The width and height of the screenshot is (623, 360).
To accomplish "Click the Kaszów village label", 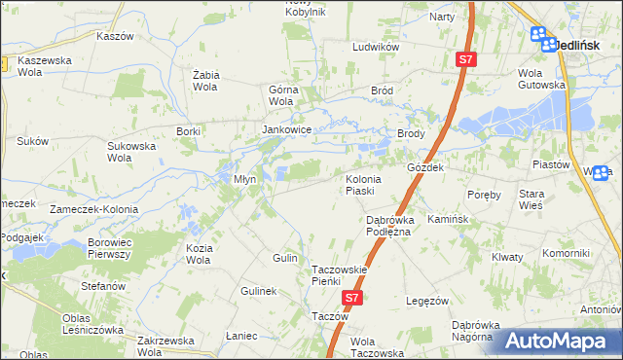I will (115, 35).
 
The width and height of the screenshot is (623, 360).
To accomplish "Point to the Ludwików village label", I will (377, 46).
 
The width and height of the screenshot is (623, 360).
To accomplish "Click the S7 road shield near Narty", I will (465, 60).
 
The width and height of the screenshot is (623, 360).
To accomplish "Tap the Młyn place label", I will (244, 179).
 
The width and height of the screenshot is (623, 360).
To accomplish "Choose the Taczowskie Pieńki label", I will (338, 275).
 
